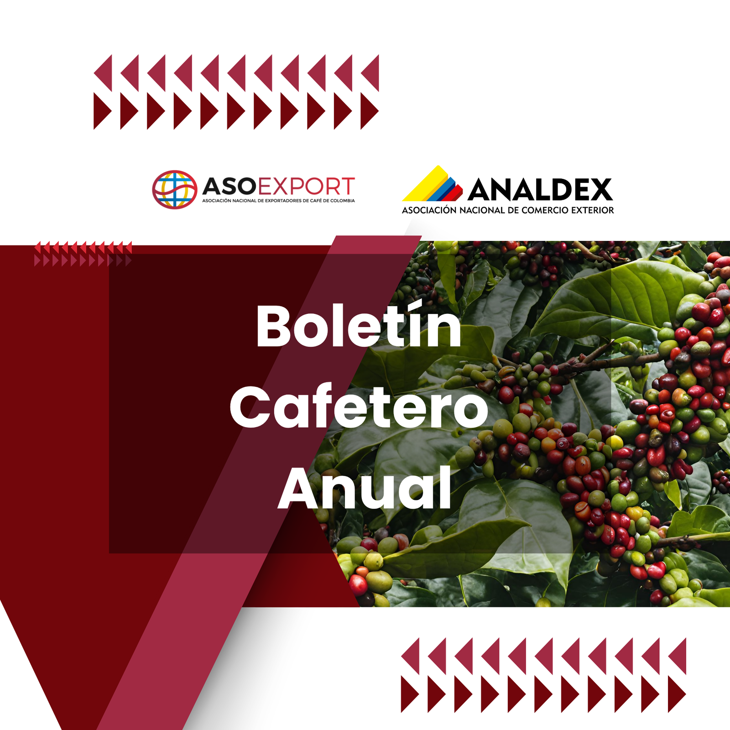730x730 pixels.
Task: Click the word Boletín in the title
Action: click(x=359, y=325)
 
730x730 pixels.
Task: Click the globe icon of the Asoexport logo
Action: click(x=175, y=189)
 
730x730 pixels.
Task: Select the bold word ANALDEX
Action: click(x=540, y=190)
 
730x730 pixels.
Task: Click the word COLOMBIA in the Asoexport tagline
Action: click(x=342, y=201)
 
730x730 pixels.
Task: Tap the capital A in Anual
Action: click(x=301, y=488)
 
